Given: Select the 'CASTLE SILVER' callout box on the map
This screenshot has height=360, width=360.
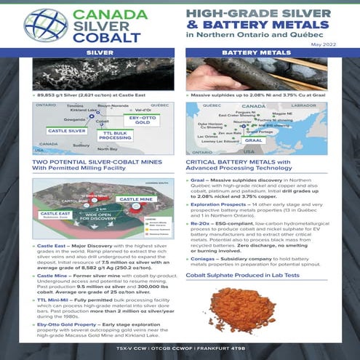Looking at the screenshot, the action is click(x=66, y=131).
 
